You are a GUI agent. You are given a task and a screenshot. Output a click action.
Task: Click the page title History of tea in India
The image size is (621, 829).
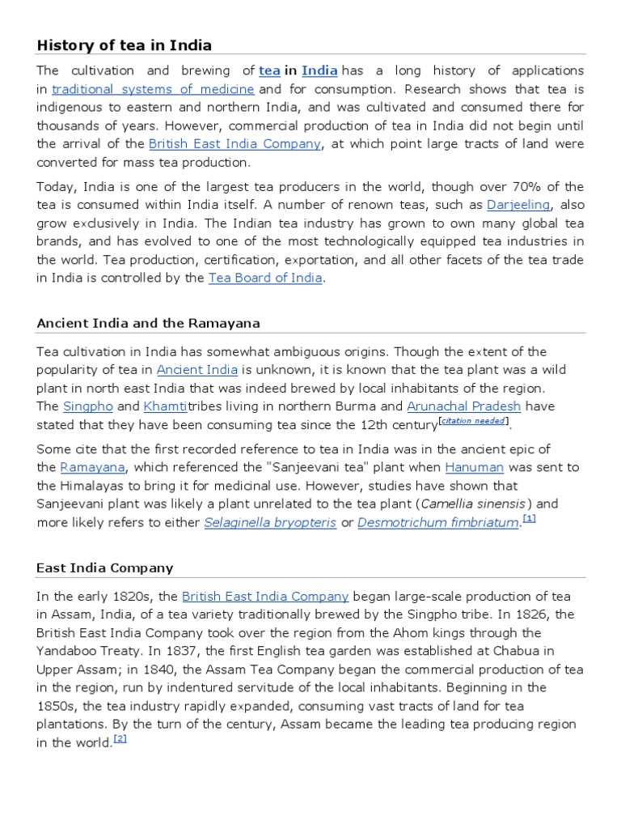(124, 45)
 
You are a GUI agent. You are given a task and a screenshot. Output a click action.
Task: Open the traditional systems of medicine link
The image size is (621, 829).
(154, 89)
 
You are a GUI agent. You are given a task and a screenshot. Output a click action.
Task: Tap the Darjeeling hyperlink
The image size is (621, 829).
(518, 205)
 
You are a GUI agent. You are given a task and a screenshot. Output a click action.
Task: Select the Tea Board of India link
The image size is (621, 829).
(265, 278)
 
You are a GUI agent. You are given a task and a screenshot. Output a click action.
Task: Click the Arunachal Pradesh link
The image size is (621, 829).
(463, 406)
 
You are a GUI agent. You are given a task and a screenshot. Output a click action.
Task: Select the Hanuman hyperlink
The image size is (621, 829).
(474, 467)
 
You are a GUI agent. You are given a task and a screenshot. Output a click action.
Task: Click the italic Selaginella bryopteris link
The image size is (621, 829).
(270, 523)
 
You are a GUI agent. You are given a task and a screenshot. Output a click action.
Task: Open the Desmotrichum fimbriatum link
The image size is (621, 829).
(437, 523)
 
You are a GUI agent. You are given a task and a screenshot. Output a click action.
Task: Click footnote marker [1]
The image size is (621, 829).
(529, 518)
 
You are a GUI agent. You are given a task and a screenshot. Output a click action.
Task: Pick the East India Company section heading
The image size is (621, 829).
(105, 568)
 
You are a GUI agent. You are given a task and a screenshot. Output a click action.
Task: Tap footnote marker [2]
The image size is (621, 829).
(120, 738)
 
